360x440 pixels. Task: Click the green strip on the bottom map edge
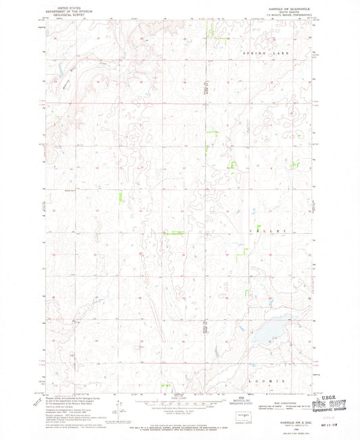tap(165, 387)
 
